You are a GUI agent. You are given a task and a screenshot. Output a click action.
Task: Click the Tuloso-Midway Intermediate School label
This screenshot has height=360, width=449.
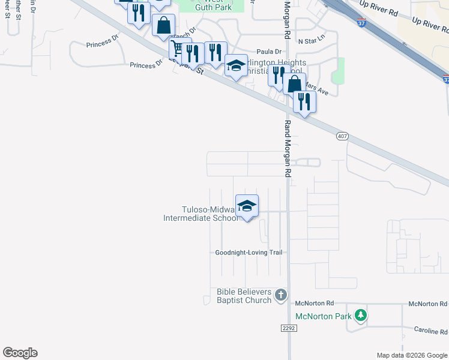tap(201, 214)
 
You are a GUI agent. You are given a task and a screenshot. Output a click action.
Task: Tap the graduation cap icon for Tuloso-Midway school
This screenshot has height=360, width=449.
tap(247, 206)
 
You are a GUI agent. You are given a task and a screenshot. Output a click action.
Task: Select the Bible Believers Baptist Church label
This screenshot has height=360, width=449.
tap(244, 295)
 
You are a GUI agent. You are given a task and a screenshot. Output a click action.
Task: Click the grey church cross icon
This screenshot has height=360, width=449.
tap(281, 295)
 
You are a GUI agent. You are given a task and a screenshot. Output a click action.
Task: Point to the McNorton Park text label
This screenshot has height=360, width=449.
tap(322, 316)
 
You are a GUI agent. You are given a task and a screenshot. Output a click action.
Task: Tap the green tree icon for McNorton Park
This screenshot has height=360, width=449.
tap(360, 315)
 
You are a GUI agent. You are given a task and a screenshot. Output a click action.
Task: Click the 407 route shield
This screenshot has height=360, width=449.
tap(342, 137)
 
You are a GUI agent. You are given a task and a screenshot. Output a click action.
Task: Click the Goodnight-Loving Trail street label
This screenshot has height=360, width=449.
tap(249, 253)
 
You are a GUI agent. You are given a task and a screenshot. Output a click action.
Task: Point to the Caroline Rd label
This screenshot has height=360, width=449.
tap(430, 331)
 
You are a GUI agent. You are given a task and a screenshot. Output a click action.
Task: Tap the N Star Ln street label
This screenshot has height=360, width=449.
tap(311, 37)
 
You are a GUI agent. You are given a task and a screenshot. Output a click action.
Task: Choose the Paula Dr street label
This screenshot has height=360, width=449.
tap(269, 52)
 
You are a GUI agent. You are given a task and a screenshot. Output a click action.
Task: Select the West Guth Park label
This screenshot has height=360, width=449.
tap(213, 5)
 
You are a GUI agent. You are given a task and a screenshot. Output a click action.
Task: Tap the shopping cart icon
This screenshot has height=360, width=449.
tap(177, 47)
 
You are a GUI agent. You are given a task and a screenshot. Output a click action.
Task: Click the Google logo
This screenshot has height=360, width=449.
tap(20, 353)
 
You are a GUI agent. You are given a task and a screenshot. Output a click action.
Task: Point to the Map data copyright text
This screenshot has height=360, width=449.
tap(411, 355)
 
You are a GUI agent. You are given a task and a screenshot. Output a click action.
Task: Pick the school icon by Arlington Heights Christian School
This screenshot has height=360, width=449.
tap(236, 65)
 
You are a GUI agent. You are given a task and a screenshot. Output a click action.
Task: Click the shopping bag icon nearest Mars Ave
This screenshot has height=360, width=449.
tap(294, 84)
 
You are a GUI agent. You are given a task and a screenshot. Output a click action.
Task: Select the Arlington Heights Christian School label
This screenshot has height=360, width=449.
tap(273, 67)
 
